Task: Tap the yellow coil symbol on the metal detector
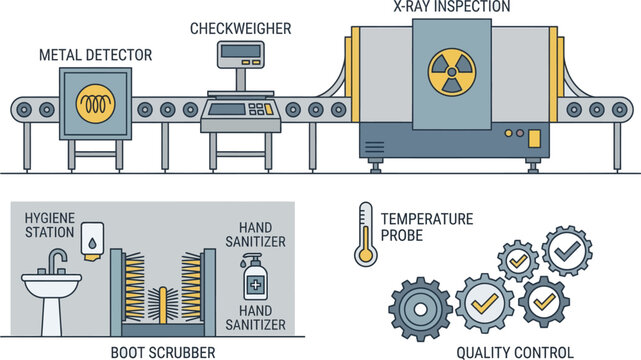96,106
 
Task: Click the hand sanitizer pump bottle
254,281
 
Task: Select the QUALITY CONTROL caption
514,351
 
